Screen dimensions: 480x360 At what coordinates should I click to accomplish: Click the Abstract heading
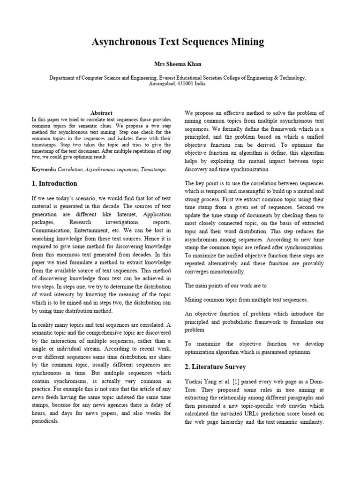(x=101, y=113)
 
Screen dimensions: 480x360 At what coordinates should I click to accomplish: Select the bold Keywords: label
(x=44, y=169)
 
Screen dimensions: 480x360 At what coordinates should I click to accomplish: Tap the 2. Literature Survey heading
(x=215, y=367)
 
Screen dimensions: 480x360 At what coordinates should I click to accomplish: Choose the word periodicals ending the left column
(x=45, y=421)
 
